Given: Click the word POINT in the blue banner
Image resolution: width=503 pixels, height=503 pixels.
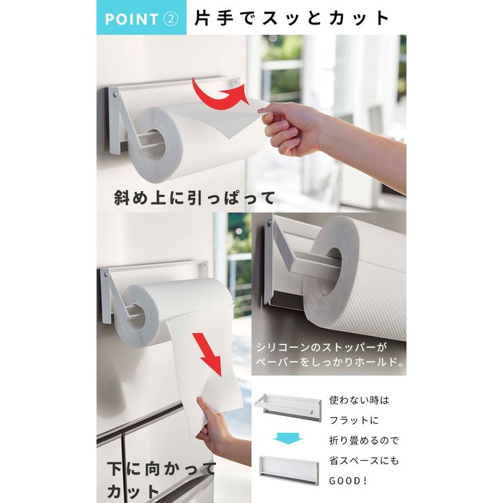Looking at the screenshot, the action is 131,19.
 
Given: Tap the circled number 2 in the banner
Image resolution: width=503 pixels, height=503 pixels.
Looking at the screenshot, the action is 171,18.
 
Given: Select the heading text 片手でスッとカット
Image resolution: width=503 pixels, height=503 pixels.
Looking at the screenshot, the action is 292,18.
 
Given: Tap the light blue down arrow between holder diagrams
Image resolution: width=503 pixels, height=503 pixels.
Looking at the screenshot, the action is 288,438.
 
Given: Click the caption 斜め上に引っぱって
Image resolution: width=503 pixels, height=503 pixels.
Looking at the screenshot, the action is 194,198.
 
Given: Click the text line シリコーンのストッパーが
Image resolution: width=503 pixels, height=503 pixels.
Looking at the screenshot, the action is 322,347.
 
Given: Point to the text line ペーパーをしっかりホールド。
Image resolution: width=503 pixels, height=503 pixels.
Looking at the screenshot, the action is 330,362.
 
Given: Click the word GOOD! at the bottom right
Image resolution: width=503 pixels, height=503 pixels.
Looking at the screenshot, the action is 348,481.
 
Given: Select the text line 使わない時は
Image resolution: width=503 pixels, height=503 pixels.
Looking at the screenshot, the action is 359,400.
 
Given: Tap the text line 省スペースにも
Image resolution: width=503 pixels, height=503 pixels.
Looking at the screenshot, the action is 364,461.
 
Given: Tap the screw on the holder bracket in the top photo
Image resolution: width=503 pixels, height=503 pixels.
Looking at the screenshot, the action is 115,94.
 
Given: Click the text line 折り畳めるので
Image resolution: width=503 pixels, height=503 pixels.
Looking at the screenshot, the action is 364,440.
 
